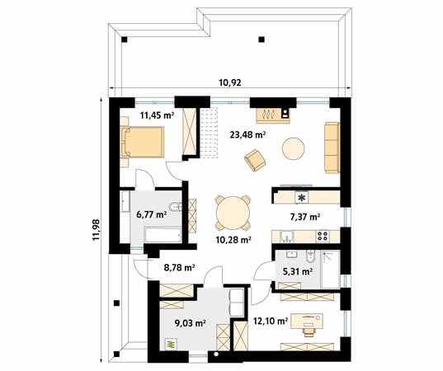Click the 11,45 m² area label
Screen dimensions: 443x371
tap(157, 115)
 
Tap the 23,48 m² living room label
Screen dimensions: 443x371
tap(247, 135)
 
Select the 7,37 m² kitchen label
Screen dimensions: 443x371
tap(305, 217)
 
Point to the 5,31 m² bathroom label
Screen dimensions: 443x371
tap(298, 271)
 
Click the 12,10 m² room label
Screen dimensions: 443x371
tap(271, 321)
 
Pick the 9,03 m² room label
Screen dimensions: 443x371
tap(190, 323)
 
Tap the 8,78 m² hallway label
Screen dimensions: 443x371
tap(179, 267)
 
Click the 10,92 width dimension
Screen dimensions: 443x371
tap(230, 82)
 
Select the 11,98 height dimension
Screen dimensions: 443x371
tap(96, 229)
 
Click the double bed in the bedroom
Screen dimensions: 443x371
tap(142, 142)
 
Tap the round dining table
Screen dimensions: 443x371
tap(233, 213)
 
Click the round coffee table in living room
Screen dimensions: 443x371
tap(293, 148)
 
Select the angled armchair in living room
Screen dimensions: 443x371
tap(255, 160)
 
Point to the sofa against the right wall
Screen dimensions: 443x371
tap(332, 148)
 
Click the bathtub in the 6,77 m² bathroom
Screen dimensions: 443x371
tap(163, 235)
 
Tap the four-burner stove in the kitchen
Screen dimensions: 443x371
tap(323, 236)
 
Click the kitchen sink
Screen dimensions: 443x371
tap(287, 237)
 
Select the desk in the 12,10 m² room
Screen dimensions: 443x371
tap(307, 321)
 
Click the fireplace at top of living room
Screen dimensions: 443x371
tap(273, 115)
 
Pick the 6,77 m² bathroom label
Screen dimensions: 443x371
tap(151, 214)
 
